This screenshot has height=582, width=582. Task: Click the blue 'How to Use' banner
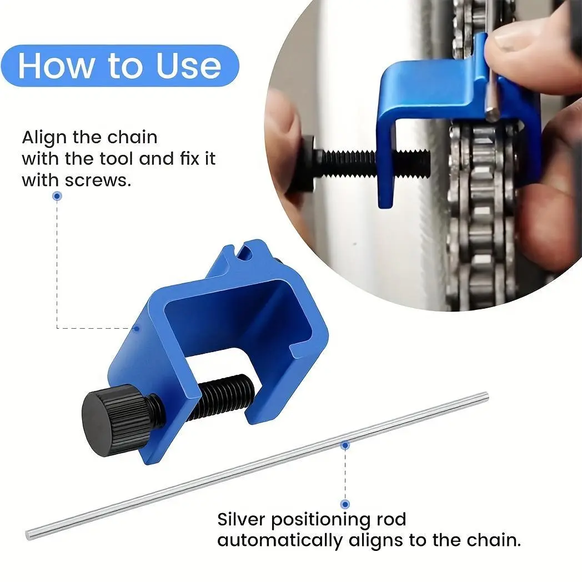[x=120, y=66]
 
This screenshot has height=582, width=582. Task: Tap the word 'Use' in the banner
[x=189, y=66]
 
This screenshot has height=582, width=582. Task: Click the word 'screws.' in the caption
[x=98, y=180]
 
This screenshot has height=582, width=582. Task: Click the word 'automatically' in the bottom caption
[x=280, y=541]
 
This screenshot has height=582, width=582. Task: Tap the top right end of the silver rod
[x=485, y=395]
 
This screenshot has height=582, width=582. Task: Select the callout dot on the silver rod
[x=345, y=445]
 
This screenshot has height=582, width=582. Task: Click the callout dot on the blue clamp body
[x=137, y=329]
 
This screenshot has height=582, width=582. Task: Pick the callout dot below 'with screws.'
[x=57, y=195]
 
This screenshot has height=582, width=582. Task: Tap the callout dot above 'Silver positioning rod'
[x=345, y=504]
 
